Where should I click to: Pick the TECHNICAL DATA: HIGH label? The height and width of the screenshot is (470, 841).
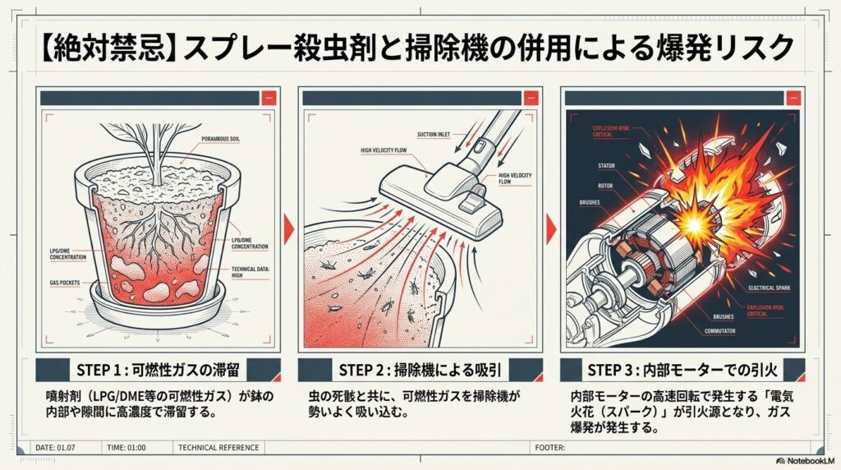pyautogui.click(x=250, y=273)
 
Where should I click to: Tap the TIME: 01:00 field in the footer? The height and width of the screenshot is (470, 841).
pyautogui.click(x=126, y=448)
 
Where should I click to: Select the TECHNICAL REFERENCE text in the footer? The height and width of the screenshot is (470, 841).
pyautogui.click(x=218, y=448)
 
